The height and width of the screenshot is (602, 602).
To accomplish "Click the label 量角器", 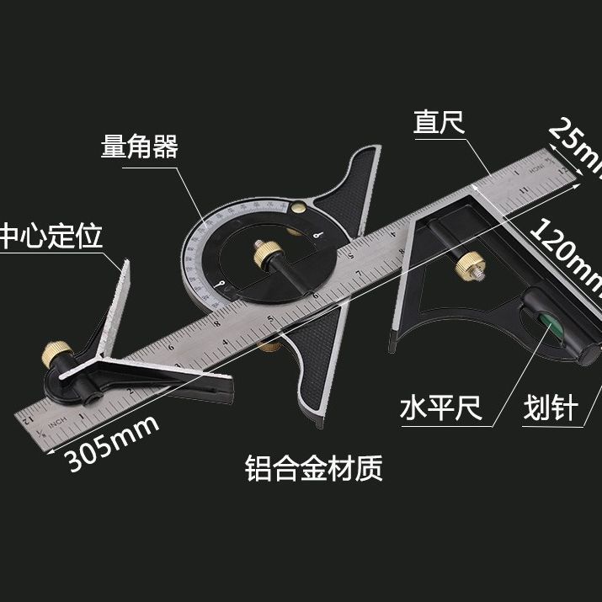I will point(139,148).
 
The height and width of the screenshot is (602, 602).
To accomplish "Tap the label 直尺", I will point(439,123).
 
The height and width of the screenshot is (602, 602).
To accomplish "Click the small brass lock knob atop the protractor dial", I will point(301,205).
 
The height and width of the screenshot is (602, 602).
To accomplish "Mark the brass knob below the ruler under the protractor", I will point(271,345).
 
